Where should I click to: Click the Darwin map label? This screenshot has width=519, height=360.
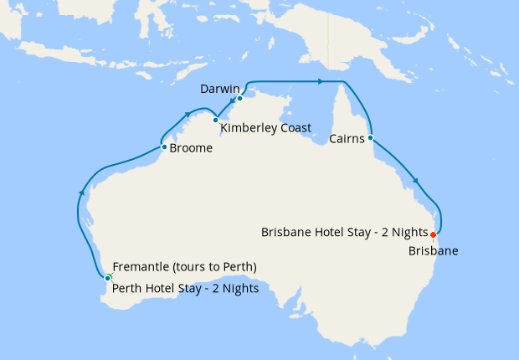(x=220, y=88)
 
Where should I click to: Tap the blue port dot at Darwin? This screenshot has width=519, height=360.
(x=239, y=98)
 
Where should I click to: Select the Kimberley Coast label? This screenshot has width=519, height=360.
(x=265, y=128)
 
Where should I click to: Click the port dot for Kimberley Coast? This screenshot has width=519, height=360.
(x=215, y=120)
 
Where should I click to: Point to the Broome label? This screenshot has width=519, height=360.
(x=191, y=149)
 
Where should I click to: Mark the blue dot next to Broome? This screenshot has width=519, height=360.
(x=163, y=147)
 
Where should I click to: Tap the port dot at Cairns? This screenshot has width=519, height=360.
(x=370, y=137)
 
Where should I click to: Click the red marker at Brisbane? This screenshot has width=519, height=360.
(x=433, y=234)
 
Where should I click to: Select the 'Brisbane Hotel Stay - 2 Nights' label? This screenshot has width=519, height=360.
(x=344, y=233)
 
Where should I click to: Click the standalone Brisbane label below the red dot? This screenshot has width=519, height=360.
(x=434, y=250)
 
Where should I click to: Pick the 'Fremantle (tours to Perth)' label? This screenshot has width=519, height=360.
(x=184, y=267)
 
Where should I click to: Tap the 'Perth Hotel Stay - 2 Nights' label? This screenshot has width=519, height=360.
(x=185, y=289)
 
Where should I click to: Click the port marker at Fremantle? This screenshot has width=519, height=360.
(x=108, y=278)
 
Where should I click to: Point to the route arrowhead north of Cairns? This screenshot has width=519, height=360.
(x=320, y=81)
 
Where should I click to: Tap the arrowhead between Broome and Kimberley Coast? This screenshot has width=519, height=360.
(x=186, y=116)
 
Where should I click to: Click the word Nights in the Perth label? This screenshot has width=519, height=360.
(x=237, y=289)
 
